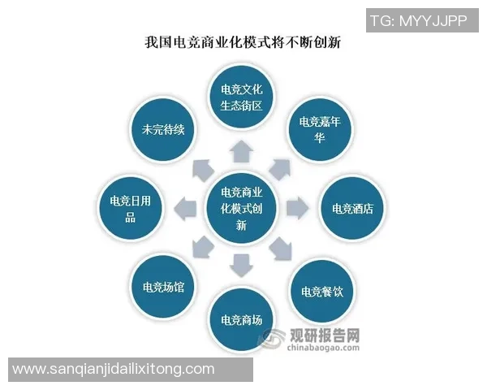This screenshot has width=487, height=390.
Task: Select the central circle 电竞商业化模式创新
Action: [x=240, y=209]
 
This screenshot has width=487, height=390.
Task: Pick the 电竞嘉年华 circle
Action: [x=321, y=128]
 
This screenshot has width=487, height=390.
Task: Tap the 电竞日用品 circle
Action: [x=130, y=208]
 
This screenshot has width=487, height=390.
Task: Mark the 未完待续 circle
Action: [x=162, y=128]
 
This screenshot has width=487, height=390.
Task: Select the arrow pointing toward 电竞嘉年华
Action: [x=281, y=169]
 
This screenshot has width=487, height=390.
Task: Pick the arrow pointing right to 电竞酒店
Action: [x=297, y=208]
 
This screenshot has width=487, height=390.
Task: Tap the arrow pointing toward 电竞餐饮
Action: [x=280, y=248]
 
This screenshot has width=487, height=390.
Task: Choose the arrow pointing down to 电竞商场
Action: [x=241, y=265]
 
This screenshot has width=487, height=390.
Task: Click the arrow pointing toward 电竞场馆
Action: [x=200, y=247]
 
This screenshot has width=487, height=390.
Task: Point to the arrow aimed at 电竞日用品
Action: [x=185, y=208]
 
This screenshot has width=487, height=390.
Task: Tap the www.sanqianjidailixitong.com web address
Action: [x=114, y=369]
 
